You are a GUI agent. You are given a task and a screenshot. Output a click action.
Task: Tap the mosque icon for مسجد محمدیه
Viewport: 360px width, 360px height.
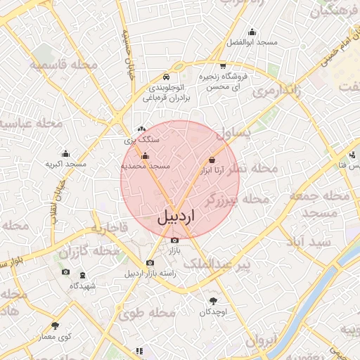[146, 155]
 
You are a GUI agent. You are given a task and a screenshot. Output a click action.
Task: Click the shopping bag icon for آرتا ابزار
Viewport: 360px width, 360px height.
[212, 160]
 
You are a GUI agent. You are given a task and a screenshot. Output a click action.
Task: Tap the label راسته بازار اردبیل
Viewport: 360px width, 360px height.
[149, 274]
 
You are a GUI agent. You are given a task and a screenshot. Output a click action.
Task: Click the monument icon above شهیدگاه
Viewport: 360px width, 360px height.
[83, 275]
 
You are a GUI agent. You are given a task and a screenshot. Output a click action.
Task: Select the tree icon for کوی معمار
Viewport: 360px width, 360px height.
[56, 326]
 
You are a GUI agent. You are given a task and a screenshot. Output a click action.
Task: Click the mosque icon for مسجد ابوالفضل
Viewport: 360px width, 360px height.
[252, 32]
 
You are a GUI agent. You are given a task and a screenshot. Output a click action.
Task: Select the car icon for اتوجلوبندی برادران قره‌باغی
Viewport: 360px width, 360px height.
[165, 76]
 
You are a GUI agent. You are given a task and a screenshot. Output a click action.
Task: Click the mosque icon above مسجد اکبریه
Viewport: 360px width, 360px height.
[65, 153]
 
